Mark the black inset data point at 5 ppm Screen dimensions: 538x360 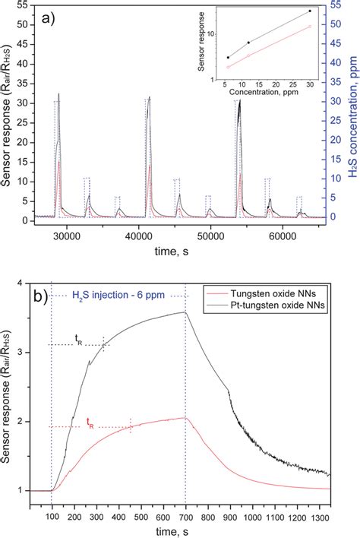tap(228, 58)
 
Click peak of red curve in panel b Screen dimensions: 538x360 tap(185, 417)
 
